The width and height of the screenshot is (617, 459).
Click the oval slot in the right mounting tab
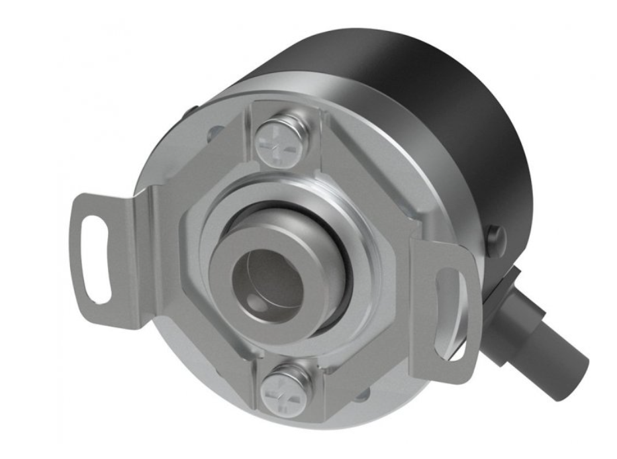[x=452, y=310]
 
